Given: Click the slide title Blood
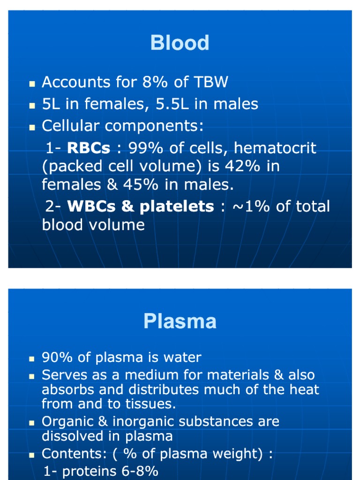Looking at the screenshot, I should coord(180,43).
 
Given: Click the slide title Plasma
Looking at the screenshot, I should coord(180,322).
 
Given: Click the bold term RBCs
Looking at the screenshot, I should coord(89,149).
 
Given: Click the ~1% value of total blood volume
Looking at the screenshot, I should coord(249,207).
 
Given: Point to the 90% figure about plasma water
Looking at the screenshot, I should coord(58,358).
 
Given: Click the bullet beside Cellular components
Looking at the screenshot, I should coord(32,127).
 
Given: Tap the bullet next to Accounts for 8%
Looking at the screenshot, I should coord(32,84).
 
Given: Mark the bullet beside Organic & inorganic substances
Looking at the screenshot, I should coord(32,423).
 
